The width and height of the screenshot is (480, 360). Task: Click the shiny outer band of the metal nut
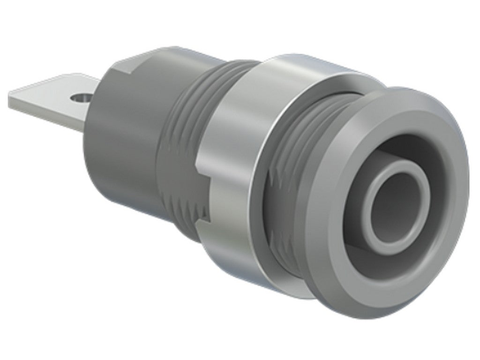pyautogui.click(x=234, y=117)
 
